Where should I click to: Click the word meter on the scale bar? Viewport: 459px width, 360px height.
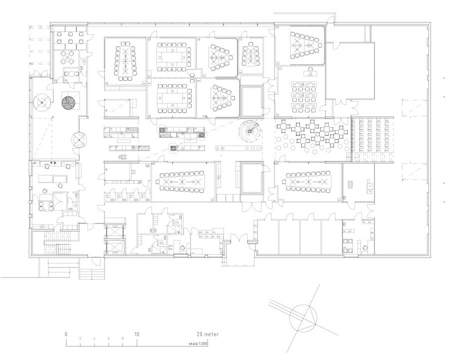point(211,334)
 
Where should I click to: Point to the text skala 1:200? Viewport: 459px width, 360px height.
point(198,343)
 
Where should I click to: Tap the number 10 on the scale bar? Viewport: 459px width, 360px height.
point(136,334)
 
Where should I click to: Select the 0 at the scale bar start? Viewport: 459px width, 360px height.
point(66,334)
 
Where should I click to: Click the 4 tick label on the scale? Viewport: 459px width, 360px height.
point(94,338)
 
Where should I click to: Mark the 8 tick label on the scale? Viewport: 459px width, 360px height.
point(122,338)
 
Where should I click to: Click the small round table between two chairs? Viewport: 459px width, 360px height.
point(71,74)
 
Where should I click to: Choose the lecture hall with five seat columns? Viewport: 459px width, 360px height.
point(372,139)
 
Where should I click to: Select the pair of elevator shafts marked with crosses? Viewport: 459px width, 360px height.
point(115,239)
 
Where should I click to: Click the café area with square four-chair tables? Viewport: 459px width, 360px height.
point(312,136)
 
